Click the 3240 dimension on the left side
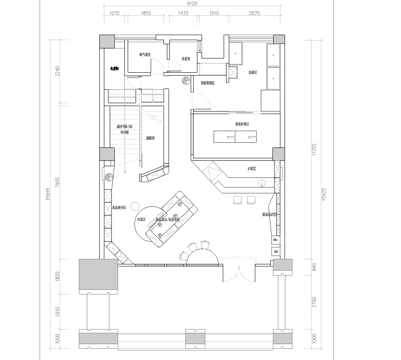pos(60,71)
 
